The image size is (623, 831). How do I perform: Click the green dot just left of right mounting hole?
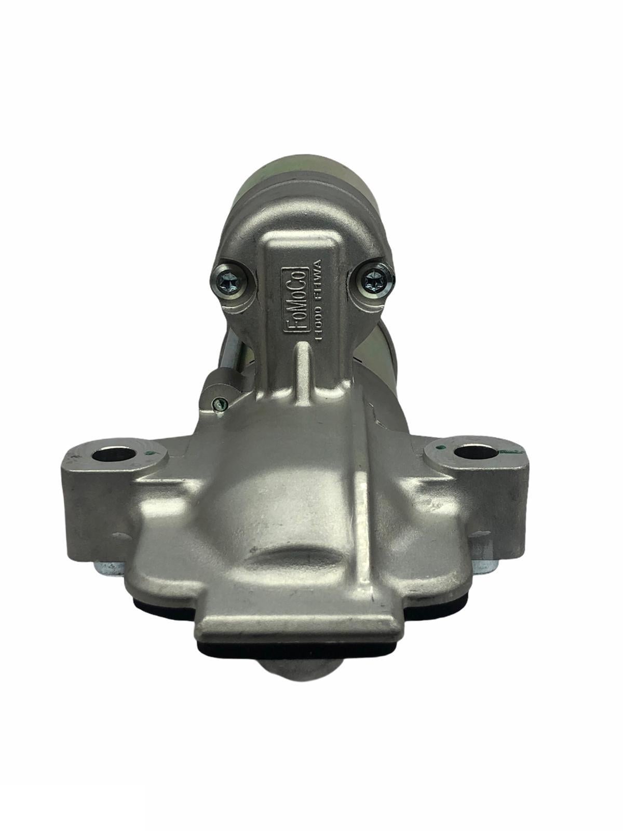pyautogui.click(x=440, y=445)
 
